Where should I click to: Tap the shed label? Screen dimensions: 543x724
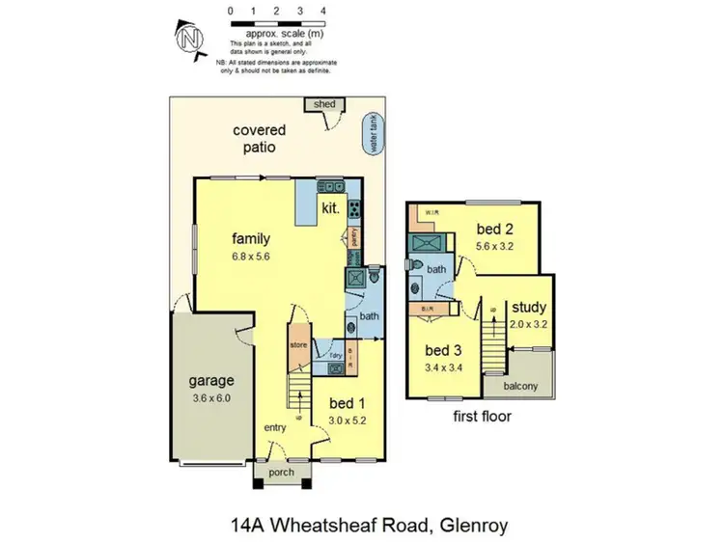(320, 104)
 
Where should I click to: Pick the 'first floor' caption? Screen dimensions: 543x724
(481, 417)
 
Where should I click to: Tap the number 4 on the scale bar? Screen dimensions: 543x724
(323, 11)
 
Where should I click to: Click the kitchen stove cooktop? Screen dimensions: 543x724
(354, 206)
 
